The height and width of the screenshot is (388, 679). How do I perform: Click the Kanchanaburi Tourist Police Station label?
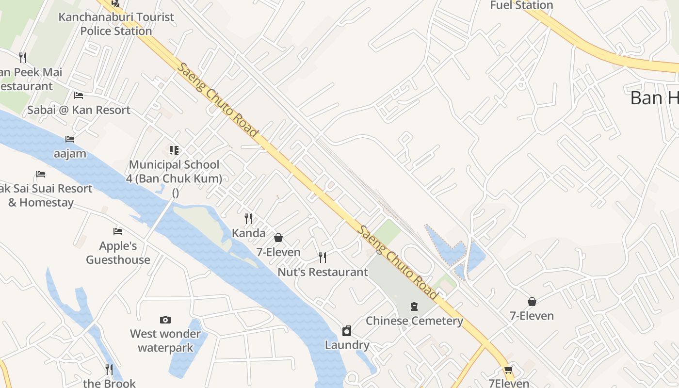point(116,24)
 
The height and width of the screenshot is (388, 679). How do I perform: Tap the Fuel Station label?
point(521,5)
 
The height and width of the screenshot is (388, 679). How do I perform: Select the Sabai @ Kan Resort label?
point(79,110)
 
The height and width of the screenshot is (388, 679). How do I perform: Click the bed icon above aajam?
point(70,139)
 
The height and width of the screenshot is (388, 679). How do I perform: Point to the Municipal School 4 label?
point(174,172)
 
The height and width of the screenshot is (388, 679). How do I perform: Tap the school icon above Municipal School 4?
point(174,150)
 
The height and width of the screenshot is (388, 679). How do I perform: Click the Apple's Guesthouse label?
point(118,253)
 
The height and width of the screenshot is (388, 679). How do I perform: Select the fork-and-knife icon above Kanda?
point(248,219)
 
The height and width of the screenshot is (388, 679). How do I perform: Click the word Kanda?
point(249,233)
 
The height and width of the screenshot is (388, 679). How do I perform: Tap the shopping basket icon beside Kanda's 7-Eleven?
point(278,238)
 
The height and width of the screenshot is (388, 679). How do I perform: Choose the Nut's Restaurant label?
point(323,272)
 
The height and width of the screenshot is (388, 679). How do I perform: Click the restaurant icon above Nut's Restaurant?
point(323,257)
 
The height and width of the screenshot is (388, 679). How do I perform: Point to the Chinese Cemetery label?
point(414,321)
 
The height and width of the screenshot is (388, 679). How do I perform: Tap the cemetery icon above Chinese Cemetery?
point(414,306)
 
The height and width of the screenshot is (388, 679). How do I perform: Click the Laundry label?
point(347,345)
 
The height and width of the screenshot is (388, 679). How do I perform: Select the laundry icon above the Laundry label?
point(347,331)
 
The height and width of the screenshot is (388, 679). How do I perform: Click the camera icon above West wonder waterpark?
point(165,320)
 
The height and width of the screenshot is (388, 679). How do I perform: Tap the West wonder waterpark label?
point(165,341)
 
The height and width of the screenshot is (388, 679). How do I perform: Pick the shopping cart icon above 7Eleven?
point(508,371)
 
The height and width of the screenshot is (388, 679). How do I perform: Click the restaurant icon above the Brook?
point(109,370)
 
